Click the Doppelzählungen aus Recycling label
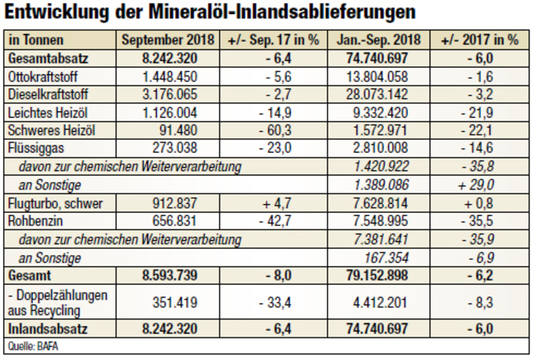(57, 302)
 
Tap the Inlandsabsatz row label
(41, 328)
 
